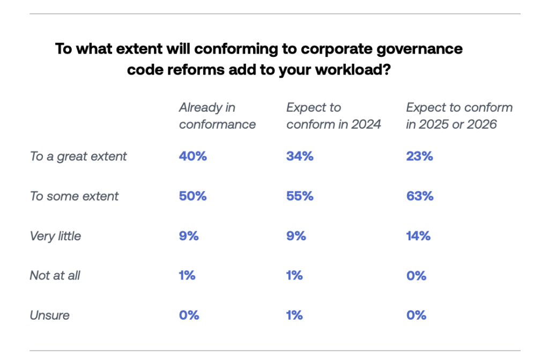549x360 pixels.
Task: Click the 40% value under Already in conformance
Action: [x=192, y=157]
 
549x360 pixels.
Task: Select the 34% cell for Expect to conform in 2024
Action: [x=300, y=157]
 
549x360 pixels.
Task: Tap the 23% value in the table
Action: [x=419, y=157]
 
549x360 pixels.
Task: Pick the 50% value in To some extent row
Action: [x=192, y=196]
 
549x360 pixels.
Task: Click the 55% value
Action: [x=300, y=196]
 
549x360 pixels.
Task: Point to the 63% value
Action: [x=419, y=196]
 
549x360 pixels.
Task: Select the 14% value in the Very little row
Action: [x=418, y=236]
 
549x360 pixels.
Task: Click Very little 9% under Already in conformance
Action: [x=189, y=236]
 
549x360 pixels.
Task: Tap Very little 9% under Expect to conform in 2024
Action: [x=296, y=236]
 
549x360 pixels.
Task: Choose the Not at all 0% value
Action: [x=416, y=276]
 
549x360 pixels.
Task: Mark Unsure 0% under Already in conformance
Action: [x=189, y=315]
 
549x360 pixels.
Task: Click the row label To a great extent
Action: [x=78, y=157]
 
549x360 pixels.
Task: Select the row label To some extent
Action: [x=74, y=196]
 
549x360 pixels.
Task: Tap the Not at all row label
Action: [x=55, y=276]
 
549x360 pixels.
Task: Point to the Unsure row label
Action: [x=49, y=315]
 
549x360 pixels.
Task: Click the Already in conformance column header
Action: [x=217, y=116]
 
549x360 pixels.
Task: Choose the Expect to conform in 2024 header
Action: [x=333, y=116]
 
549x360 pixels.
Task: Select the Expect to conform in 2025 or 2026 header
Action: [x=459, y=116]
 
